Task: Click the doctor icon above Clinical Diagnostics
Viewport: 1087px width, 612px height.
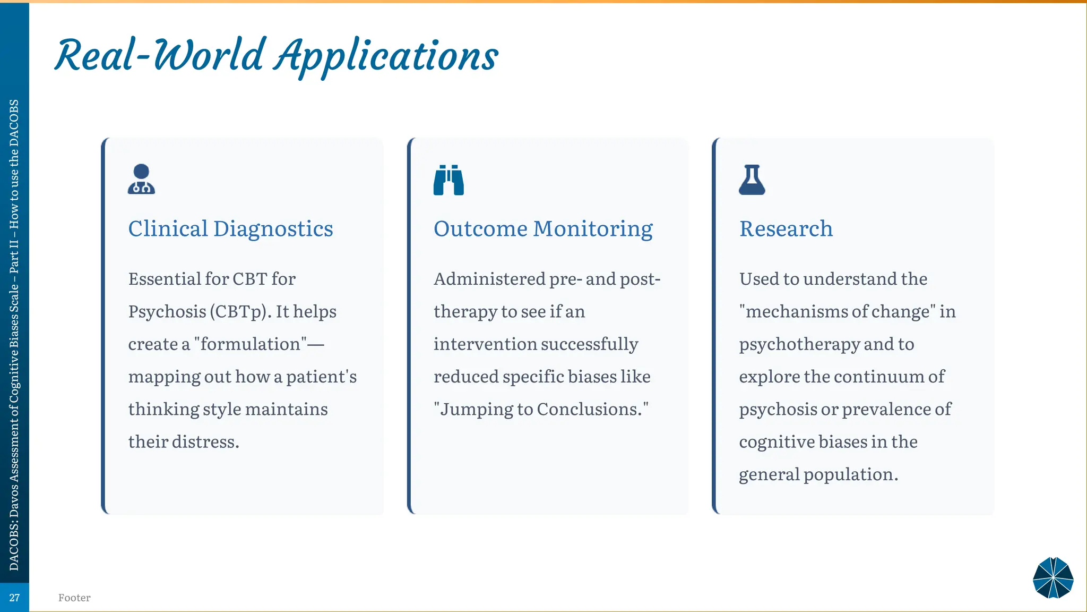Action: [x=141, y=179]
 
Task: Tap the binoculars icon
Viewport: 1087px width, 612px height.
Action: [x=448, y=180]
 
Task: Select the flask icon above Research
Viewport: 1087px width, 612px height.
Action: [x=752, y=180]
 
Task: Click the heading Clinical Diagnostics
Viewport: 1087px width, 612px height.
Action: [x=230, y=229]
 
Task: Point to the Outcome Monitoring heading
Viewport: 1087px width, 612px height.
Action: [x=543, y=229]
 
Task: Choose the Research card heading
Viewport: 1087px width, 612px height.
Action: [x=786, y=229]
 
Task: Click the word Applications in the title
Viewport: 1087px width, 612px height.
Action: [x=386, y=56]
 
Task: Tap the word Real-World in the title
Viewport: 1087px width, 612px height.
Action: [x=159, y=55]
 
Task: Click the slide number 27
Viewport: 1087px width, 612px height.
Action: [x=14, y=598]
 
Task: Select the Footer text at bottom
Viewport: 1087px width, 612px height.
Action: [x=74, y=598]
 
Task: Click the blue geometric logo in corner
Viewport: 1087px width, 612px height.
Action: [x=1053, y=577]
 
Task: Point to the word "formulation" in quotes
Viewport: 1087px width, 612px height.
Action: [x=251, y=344]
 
